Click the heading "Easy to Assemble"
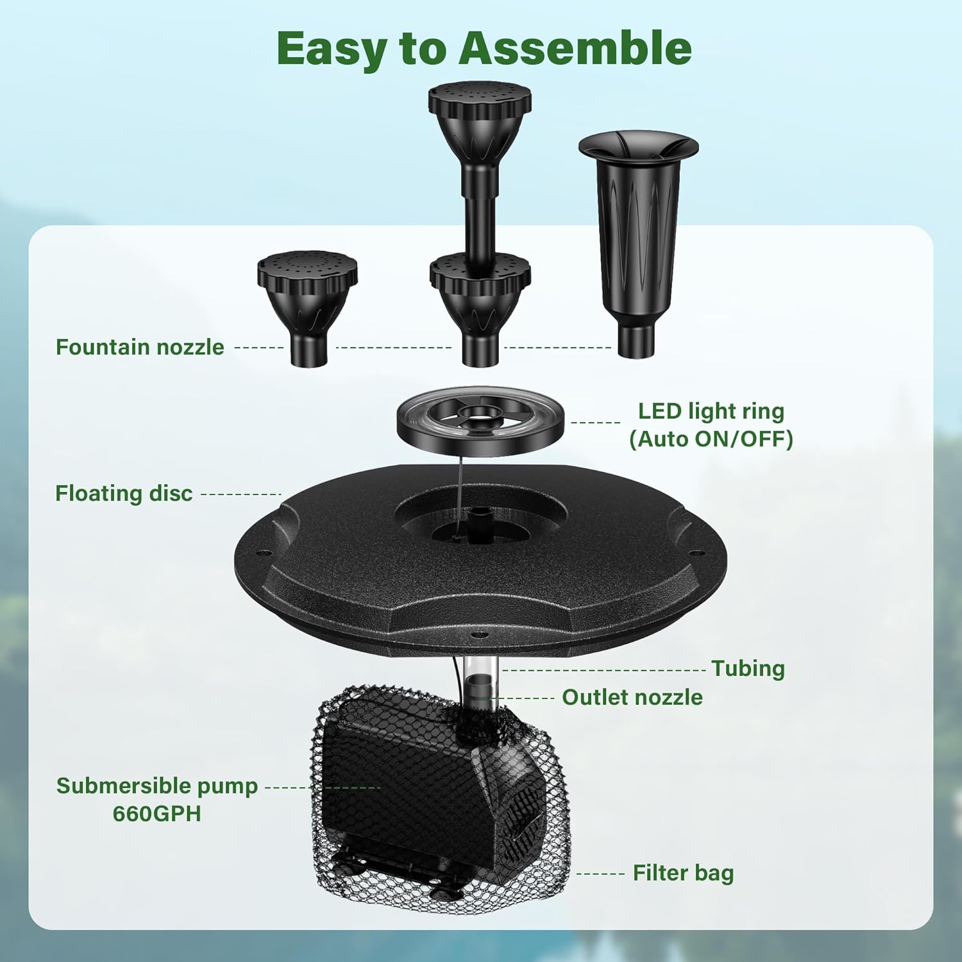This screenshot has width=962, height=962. (484, 49)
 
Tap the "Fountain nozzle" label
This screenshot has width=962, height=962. (140, 347)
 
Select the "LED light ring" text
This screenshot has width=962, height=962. (711, 411)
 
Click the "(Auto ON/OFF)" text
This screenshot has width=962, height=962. (711, 439)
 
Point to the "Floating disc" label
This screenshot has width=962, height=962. (124, 493)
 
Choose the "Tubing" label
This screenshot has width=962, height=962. (748, 668)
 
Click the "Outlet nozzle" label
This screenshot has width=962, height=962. (632, 697)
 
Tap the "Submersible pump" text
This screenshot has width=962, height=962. (157, 786)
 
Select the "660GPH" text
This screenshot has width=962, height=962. (157, 813)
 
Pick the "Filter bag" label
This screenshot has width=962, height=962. (683, 873)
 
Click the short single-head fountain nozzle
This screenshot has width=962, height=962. (307, 308)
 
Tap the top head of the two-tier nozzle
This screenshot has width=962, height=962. (480, 119)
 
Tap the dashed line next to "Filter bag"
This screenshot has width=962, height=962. (600, 873)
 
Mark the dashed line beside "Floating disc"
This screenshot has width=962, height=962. (241, 494)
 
